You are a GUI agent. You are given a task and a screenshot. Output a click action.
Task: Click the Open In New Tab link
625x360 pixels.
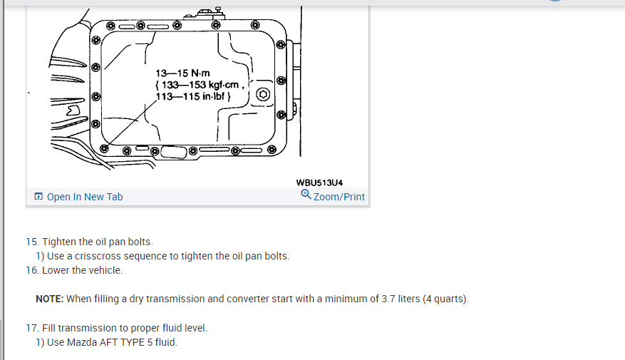click(84, 197)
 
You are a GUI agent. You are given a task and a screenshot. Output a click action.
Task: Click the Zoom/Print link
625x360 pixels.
click(339, 197)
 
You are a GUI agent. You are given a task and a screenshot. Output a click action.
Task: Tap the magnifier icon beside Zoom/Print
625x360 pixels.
click(306, 195)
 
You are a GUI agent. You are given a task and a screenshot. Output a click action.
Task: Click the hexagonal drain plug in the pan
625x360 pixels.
click(262, 95)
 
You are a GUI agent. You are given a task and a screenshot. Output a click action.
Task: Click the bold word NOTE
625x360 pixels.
click(49, 299)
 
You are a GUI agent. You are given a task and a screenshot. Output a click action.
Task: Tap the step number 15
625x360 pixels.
click(31, 242)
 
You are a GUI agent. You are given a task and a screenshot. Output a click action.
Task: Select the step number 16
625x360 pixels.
click(31, 270)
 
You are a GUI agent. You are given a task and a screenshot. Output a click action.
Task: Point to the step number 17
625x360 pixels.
click(31, 328)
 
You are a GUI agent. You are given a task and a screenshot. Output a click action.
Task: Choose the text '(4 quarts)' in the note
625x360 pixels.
click(446, 299)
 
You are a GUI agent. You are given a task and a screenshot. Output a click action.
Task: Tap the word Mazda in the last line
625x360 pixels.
click(81, 342)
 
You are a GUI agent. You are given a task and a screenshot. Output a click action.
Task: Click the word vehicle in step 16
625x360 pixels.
click(105, 270)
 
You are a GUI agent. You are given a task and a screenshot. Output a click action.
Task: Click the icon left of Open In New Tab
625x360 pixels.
click(38, 197)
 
